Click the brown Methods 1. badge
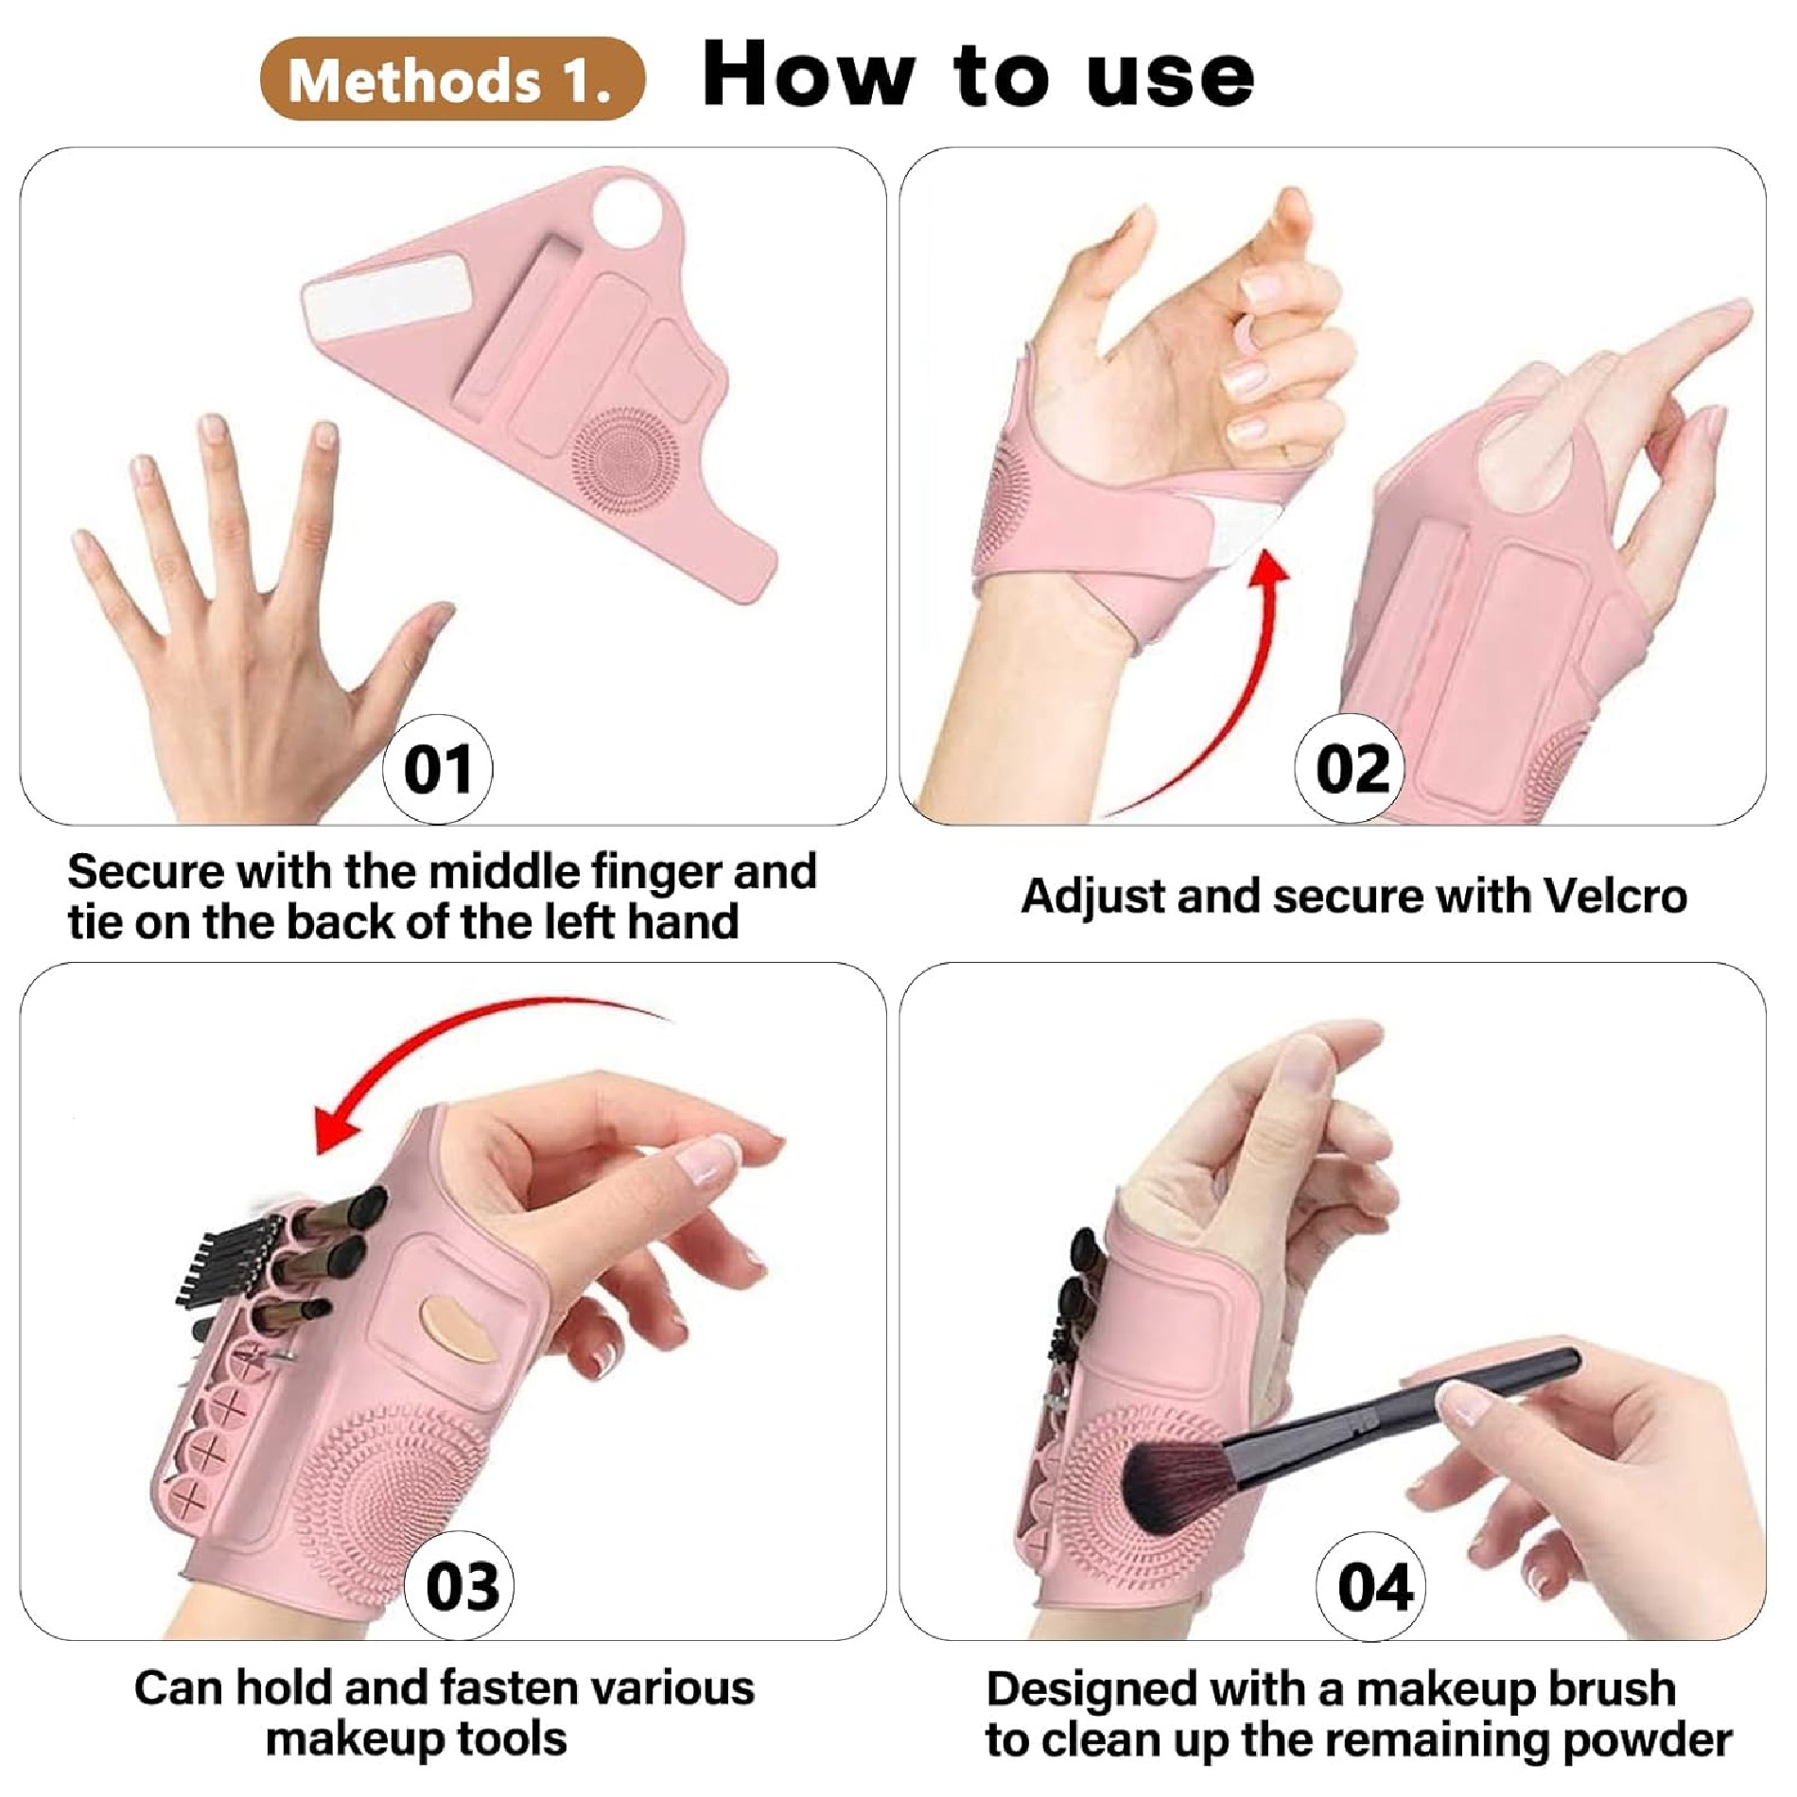(x=452, y=79)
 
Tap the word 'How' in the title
(x=809, y=75)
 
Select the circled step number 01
(x=438, y=769)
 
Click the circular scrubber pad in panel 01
(x=625, y=459)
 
